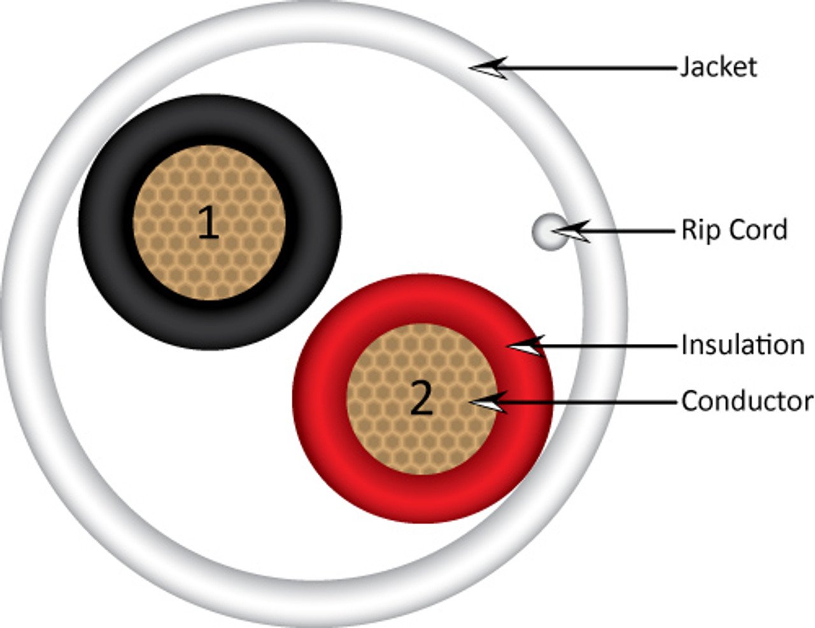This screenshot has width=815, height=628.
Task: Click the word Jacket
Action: coord(719,67)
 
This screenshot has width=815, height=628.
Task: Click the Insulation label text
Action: coord(742,345)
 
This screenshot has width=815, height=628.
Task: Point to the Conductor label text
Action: coord(747,401)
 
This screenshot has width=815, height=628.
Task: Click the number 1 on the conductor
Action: coord(208,224)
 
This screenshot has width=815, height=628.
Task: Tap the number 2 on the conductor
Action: coord(422,399)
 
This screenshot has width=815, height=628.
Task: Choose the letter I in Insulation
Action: coord(684,345)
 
